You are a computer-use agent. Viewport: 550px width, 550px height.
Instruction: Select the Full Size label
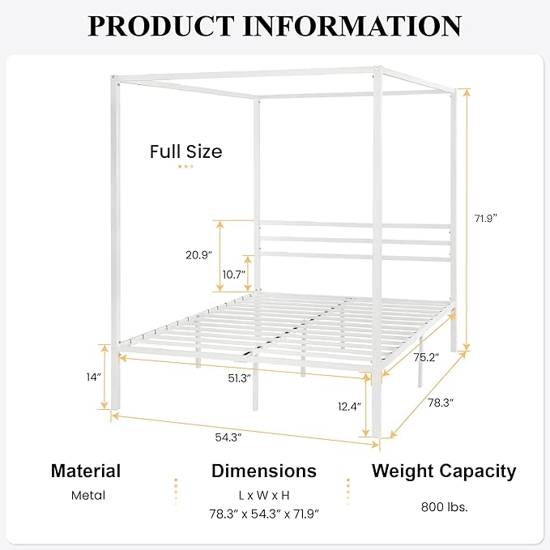(185, 151)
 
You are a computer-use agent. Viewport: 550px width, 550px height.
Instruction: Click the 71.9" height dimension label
(486, 218)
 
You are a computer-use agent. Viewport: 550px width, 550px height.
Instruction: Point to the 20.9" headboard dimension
(198, 254)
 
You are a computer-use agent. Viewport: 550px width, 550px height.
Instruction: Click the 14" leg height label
(94, 377)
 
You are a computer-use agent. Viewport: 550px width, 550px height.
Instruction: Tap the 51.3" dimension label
(238, 378)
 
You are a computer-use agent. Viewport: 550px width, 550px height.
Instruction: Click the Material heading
(86, 471)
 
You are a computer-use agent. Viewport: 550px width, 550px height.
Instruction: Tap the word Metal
(88, 495)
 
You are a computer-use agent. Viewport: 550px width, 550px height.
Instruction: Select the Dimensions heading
(264, 471)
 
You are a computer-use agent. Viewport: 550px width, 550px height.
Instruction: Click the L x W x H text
(263, 494)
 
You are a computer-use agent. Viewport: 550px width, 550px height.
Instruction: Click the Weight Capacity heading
(444, 471)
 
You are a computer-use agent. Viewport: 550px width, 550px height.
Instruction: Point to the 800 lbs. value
(445, 508)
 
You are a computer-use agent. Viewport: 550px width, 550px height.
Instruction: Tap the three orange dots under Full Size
(186, 166)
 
